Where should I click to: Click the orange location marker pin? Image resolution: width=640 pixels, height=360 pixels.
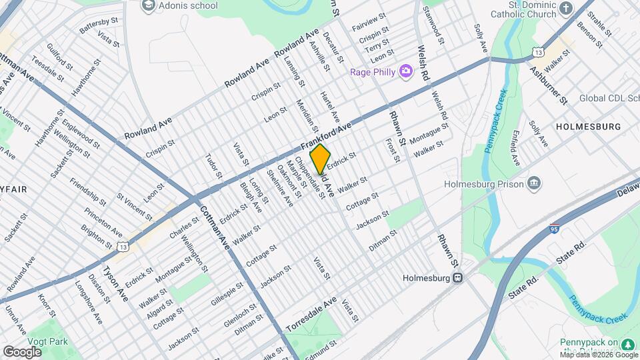(x=320, y=159)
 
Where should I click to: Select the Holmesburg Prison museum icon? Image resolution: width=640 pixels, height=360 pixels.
(x=534, y=183)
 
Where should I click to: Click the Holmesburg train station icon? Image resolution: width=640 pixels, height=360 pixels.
(x=458, y=278)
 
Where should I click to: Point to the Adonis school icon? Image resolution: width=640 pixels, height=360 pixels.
(x=147, y=6)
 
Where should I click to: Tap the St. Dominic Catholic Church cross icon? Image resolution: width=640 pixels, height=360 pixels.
(x=567, y=8)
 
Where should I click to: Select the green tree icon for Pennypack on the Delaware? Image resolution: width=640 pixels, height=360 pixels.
(x=627, y=343)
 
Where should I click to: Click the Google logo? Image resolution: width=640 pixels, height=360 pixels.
(x=22, y=351)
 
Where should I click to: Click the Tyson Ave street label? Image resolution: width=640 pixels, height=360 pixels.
(x=114, y=284)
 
